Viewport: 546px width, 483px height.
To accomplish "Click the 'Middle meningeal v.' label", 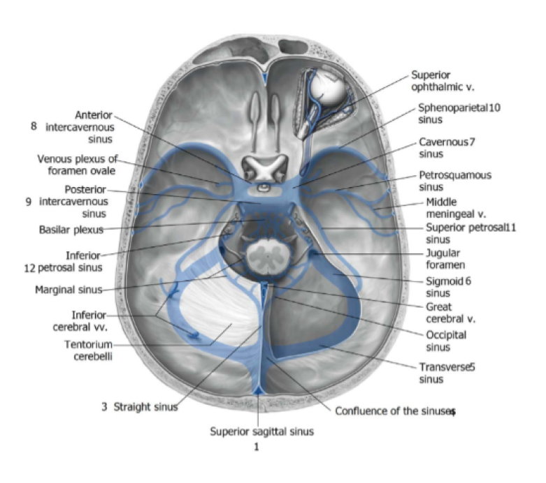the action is pos(455,208).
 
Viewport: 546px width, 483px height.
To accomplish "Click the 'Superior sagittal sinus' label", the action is pos(261,431).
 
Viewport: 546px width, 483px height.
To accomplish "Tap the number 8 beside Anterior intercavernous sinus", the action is pos(34,126).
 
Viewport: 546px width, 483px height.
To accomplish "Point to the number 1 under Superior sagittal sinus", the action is pos(257,447).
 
